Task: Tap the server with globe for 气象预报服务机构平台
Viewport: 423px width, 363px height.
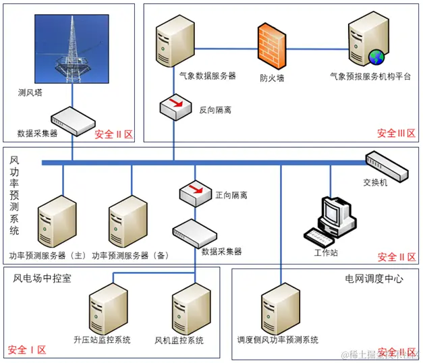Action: pyautogui.click(x=367, y=42)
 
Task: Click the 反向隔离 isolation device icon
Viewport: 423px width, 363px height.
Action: pyautogui.click(x=176, y=107)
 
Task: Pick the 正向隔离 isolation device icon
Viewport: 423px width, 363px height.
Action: pyautogui.click(x=195, y=194)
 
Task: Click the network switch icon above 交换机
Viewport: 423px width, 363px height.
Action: pyautogui.click(x=387, y=167)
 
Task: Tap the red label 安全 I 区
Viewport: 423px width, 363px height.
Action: pyautogui.click(x=27, y=350)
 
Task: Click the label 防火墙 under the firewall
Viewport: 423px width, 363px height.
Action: pyautogui.click(x=272, y=78)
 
